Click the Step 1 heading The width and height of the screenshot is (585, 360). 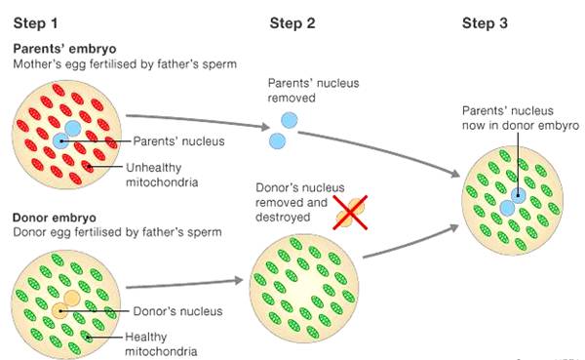click(x=35, y=23)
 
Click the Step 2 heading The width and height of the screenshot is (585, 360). click(x=292, y=23)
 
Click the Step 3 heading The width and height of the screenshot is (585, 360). click(x=485, y=23)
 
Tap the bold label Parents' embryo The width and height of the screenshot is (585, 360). click(x=64, y=49)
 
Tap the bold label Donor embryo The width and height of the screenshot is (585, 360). click(x=55, y=218)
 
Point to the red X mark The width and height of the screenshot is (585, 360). click(x=350, y=212)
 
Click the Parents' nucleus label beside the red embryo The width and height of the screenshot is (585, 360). click(x=178, y=141)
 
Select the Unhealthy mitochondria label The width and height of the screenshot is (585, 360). click(x=162, y=175)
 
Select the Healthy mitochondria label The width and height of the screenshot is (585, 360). click(x=161, y=344)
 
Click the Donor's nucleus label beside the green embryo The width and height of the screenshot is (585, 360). click(x=177, y=311)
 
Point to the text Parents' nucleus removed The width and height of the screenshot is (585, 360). click(x=313, y=91)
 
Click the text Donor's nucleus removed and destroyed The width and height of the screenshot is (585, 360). click(x=300, y=202)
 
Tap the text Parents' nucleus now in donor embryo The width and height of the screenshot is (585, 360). click(x=521, y=118)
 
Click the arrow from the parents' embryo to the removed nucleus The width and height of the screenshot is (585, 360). click(x=198, y=120)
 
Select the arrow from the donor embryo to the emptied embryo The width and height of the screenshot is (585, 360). click(x=184, y=284)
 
